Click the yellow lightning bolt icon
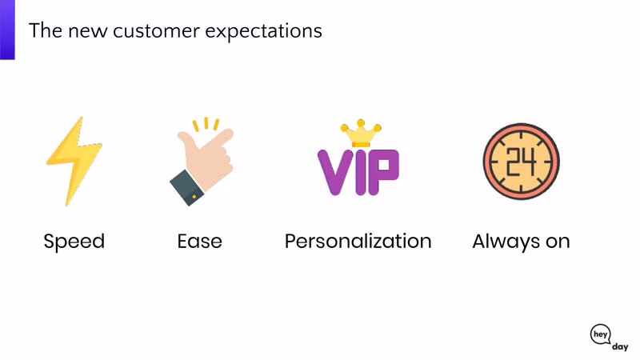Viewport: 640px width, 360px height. coord(74,162)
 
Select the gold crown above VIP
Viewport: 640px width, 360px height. coord(361,133)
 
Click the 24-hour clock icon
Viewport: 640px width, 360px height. coord(522,162)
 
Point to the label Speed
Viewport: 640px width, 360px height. coord(74,242)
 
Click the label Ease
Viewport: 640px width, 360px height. coord(199,242)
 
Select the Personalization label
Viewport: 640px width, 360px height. coord(358,242)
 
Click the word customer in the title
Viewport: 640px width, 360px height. coord(156,31)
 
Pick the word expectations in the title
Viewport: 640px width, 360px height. coord(264,32)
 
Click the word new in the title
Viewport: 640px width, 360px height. coord(88,32)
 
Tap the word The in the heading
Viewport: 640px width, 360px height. coord(46,30)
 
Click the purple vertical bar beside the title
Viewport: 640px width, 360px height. coord(7,30)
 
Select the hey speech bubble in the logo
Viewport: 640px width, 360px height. coord(601,334)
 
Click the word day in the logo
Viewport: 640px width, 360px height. coord(620,347)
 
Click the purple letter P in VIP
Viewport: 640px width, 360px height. coord(384,171)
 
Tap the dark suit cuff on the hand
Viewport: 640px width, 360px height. coord(187,188)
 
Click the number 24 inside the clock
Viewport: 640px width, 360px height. coord(522,162)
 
